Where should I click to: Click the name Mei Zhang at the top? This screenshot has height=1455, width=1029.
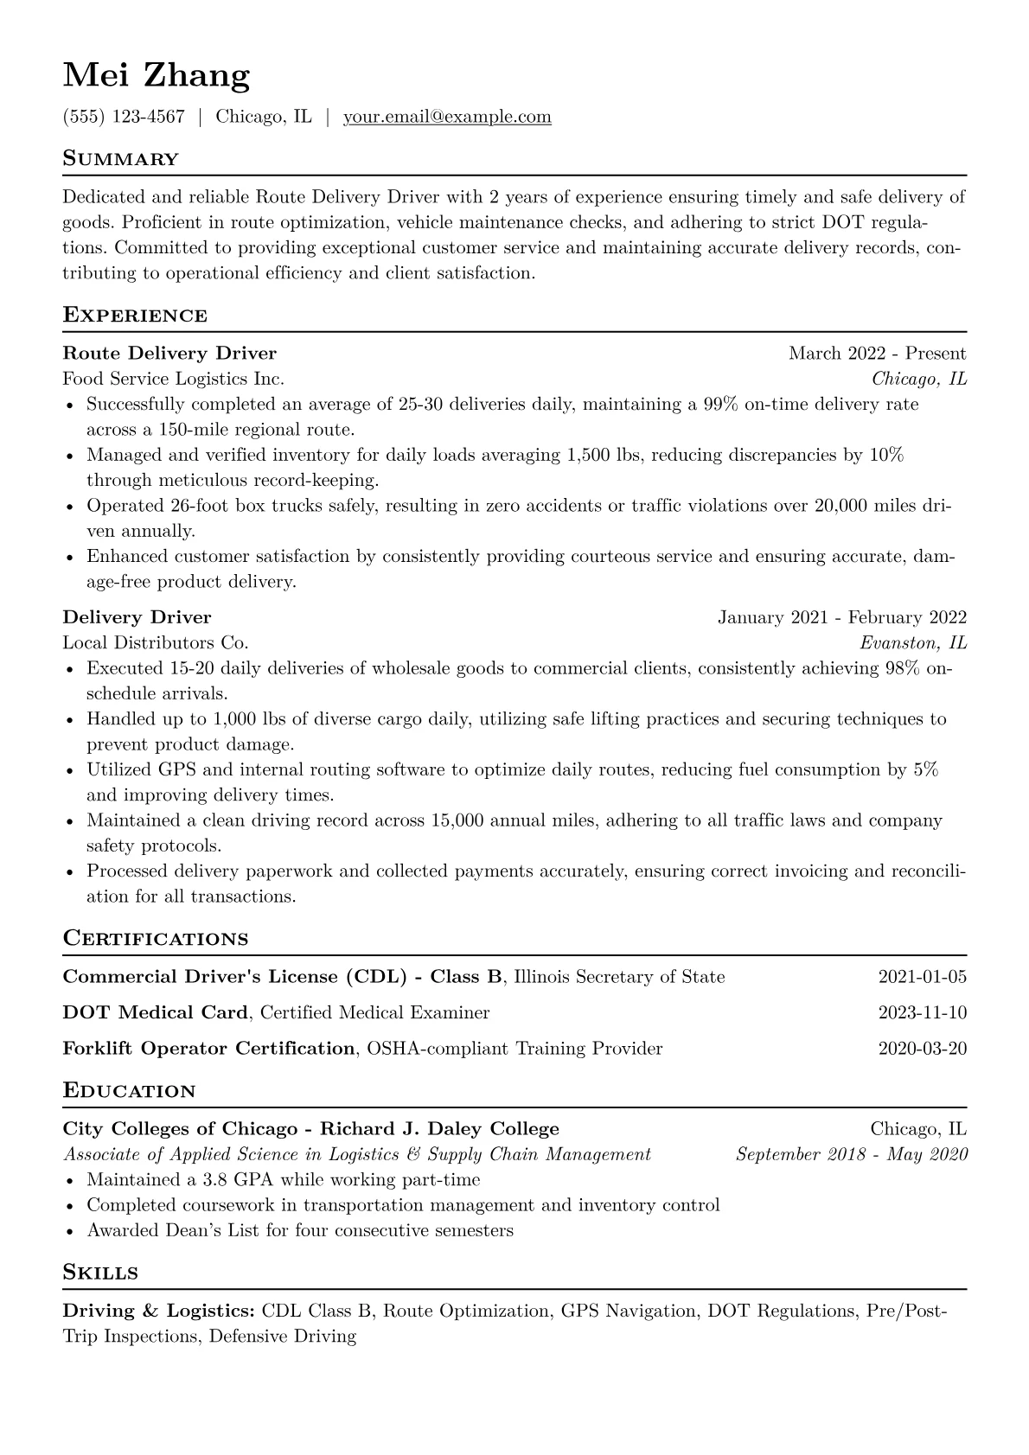click(157, 76)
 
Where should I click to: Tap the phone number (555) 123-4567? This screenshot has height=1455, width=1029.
click(124, 117)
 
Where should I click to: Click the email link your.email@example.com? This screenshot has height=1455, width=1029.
click(447, 117)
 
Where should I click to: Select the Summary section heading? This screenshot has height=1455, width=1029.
click(120, 159)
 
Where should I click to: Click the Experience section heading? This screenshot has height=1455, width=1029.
click(135, 316)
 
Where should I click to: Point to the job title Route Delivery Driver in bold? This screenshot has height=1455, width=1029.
click(169, 353)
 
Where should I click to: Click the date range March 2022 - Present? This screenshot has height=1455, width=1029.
click(877, 353)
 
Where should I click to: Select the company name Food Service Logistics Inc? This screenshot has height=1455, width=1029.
click(173, 379)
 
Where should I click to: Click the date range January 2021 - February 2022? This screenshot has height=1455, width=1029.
click(841, 617)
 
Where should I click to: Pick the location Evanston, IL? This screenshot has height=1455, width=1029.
click(912, 643)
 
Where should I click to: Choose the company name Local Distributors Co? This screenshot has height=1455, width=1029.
click(156, 643)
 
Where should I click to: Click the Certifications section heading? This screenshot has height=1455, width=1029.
click(156, 939)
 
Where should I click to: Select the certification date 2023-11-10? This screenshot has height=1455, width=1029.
click(922, 1012)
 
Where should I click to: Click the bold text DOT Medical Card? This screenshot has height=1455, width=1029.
click(156, 1012)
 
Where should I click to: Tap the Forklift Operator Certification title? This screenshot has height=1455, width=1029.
click(208, 1049)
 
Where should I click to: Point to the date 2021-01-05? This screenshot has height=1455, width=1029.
click(922, 977)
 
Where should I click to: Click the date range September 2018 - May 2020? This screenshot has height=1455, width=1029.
click(851, 1154)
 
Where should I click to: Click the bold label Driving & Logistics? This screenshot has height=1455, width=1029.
click(158, 1311)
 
